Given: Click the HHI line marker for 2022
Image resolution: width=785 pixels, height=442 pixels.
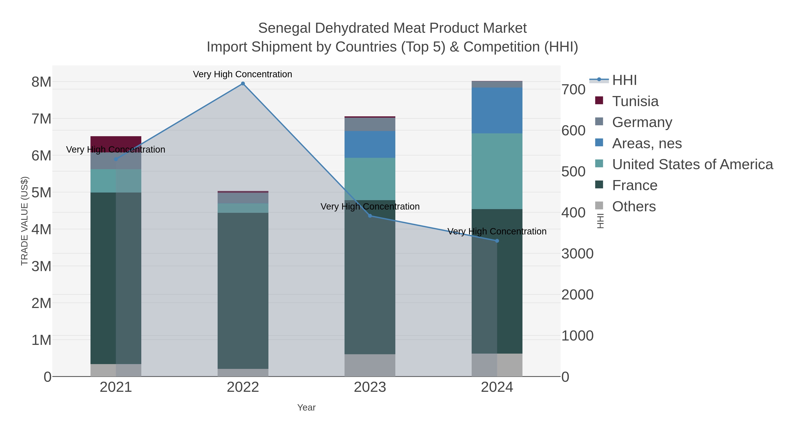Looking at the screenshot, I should pyautogui.click(x=243, y=84).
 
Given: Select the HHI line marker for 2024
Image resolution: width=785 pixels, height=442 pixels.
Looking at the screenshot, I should pyautogui.click(x=497, y=241).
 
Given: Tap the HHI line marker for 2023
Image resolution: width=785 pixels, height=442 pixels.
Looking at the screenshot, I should pyautogui.click(x=370, y=216).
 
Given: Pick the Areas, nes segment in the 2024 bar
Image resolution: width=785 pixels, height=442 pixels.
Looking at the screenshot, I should pyautogui.click(x=497, y=110).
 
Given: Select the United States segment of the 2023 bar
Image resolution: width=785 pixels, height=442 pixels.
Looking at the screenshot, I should pyautogui.click(x=370, y=179).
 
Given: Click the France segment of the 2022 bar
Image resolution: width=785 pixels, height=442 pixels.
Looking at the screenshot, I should pyautogui.click(x=243, y=291).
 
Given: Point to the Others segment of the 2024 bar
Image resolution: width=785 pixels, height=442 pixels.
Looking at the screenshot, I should pyautogui.click(x=497, y=365).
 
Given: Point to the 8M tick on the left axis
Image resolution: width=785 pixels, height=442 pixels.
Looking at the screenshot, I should pyautogui.click(x=41, y=82).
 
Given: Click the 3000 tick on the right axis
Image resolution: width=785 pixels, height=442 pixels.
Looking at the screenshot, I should pyautogui.click(x=577, y=254).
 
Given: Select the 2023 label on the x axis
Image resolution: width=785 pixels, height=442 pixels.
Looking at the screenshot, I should pyautogui.click(x=370, y=387).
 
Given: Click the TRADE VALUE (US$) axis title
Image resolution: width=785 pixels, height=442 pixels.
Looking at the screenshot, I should pyautogui.click(x=24, y=221).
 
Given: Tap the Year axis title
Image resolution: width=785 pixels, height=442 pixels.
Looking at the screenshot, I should pyautogui.click(x=306, y=408).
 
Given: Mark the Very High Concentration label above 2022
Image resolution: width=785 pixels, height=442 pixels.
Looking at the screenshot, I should pyautogui.click(x=242, y=74).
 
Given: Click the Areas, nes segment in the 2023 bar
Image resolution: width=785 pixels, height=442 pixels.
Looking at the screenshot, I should pyautogui.click(x=370, y=144).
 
